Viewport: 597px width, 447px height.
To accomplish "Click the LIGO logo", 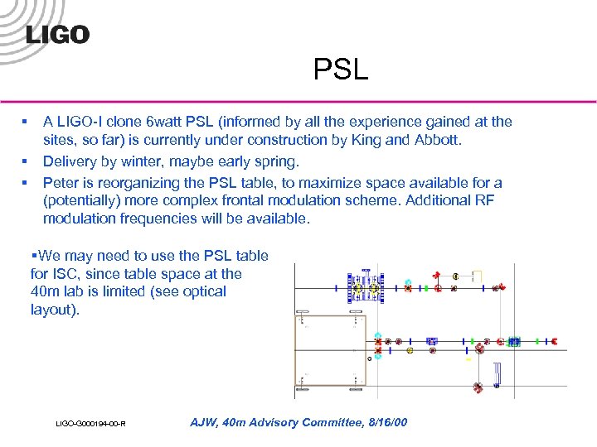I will pos(57,35).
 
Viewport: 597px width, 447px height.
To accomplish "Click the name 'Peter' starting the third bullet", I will pos(62,183).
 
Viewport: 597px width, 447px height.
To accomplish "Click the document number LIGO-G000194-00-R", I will pos(90,425).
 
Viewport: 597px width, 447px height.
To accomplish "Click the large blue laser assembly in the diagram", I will pos(366,286).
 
